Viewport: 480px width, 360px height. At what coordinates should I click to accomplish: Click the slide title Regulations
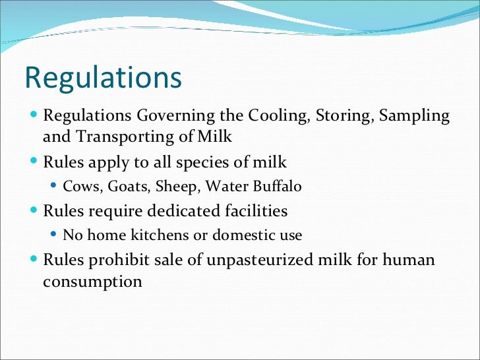103,78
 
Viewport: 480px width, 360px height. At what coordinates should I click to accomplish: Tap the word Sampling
415,116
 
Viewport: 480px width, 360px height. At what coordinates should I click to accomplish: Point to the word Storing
340,116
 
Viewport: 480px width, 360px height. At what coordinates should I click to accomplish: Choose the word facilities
255,211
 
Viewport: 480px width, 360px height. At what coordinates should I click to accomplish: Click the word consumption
92,281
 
